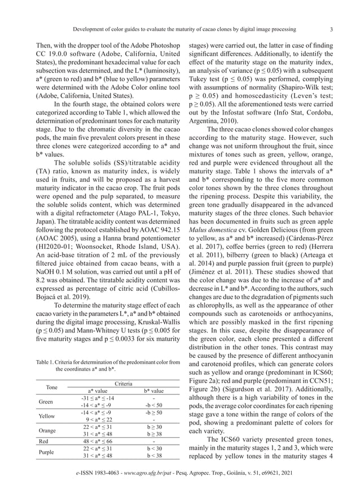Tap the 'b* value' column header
[151, 391]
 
